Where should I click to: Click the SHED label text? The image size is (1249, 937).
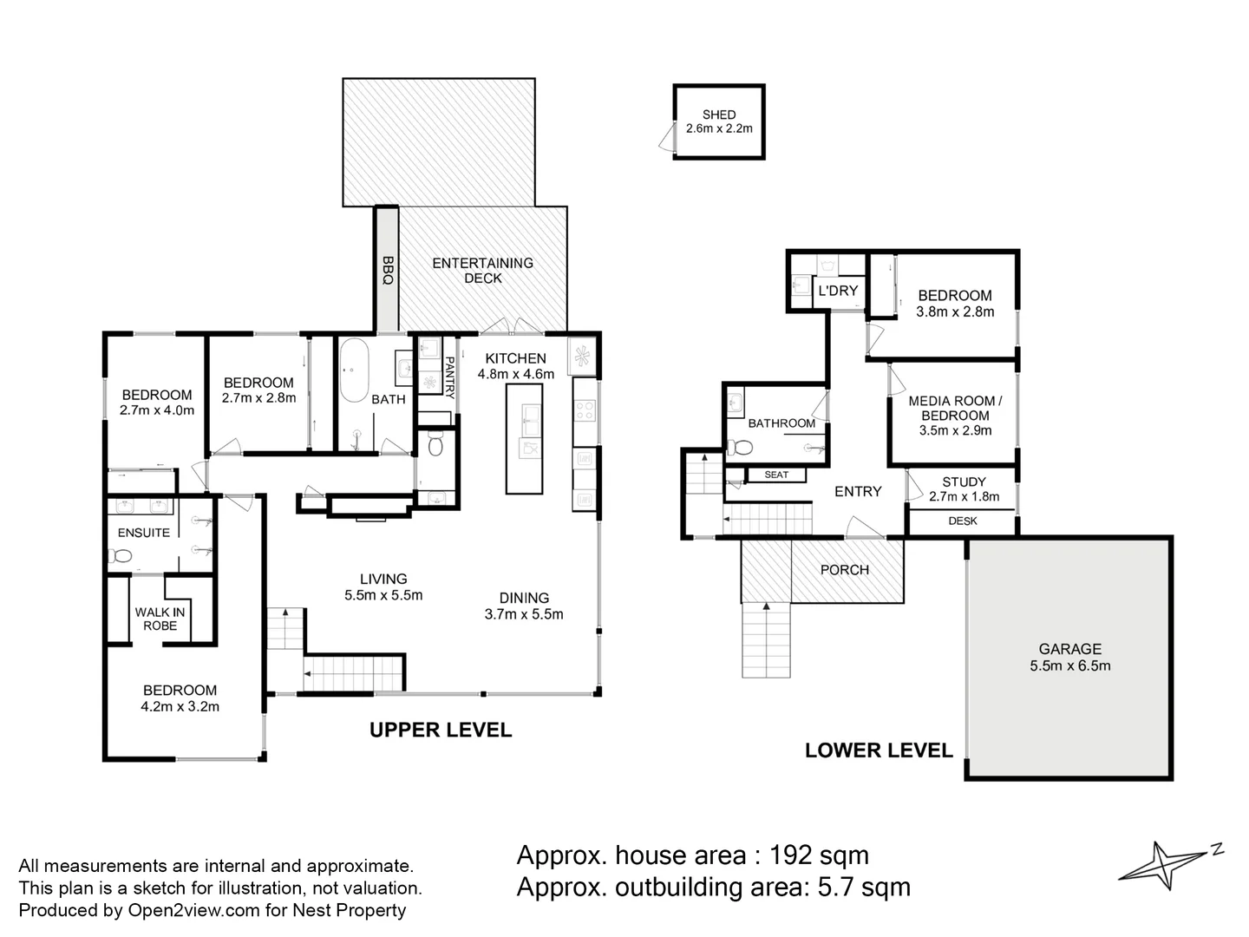[719, 115]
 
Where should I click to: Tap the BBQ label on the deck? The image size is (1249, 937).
[388, 270]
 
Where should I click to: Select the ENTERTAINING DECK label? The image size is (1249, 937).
[482, 271]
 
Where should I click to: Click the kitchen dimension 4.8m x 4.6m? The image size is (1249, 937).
[515, 374]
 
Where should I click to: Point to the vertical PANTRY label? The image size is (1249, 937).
[449, 377]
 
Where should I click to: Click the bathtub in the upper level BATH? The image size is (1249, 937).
[354, 370]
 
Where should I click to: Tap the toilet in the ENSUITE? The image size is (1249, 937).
[120, 555]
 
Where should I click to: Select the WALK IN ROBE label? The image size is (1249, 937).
[160, 619]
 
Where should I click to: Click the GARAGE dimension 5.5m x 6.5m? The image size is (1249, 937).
[1069, 665]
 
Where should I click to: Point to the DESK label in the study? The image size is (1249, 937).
[962, 521]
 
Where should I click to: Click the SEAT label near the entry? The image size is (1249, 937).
[776, 475]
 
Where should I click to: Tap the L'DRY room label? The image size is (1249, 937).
[838, 291]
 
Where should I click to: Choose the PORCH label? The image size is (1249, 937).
[845, 569]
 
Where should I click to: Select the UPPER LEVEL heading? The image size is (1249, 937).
[441, 730]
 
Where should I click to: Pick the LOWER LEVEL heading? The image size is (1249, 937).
[879, 750]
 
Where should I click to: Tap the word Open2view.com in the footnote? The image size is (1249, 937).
[193, 910]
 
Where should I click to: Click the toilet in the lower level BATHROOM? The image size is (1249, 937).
[740, 448]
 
